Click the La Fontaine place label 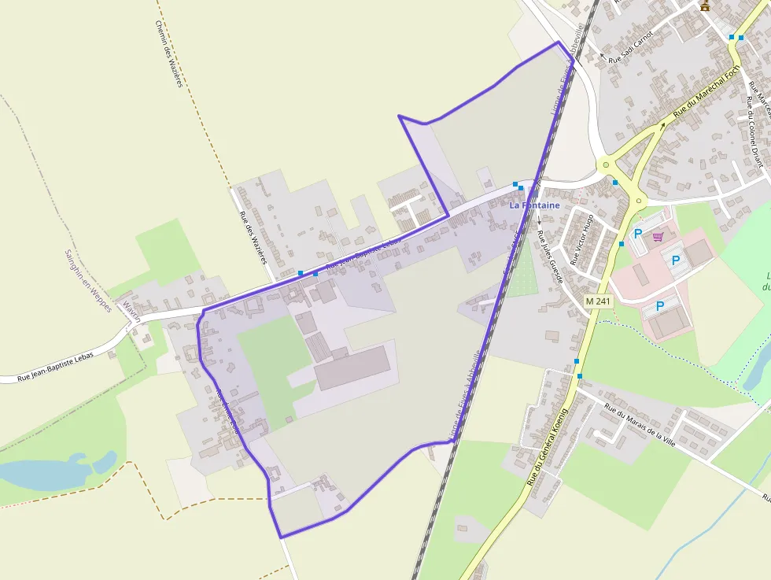point(534,205)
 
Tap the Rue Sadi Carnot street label point(631,46)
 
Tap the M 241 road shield point(598,301)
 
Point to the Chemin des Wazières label point(169,54)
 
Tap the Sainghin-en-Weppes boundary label point(88,281)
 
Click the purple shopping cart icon point(658,235)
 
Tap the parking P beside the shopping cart point(638,234)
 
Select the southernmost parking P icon point(659,305)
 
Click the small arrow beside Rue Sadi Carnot point(603,56)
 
